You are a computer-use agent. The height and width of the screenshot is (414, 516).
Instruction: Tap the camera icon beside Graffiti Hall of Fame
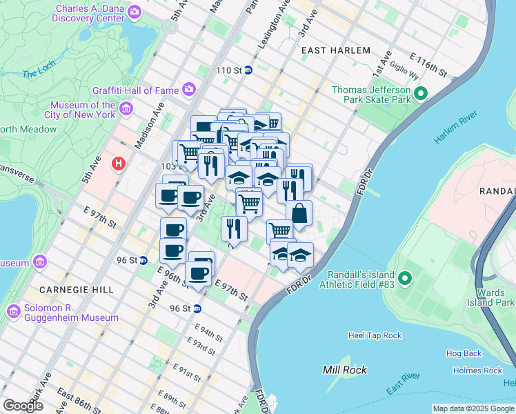coord(188,89)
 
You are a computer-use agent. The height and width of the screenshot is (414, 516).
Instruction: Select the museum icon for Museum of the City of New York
coord(126,109)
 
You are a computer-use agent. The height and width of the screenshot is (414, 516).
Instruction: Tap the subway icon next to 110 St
coord(248,70)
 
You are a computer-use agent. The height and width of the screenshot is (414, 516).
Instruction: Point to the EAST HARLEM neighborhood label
coord(335,51)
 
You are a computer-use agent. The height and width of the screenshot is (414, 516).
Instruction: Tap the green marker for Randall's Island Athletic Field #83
coord(405,279)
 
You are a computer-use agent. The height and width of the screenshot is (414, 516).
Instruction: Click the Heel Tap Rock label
coord(375,335)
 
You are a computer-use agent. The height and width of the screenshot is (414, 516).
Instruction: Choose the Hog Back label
coord(464,353)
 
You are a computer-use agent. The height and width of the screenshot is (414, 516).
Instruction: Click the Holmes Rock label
coord(477,371)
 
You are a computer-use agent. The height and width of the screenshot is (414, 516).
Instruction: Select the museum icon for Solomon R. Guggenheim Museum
coord(13,311)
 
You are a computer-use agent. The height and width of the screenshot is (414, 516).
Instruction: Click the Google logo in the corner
coord(23,406)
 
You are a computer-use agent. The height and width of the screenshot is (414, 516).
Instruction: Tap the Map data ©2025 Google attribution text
coord(473,408)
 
